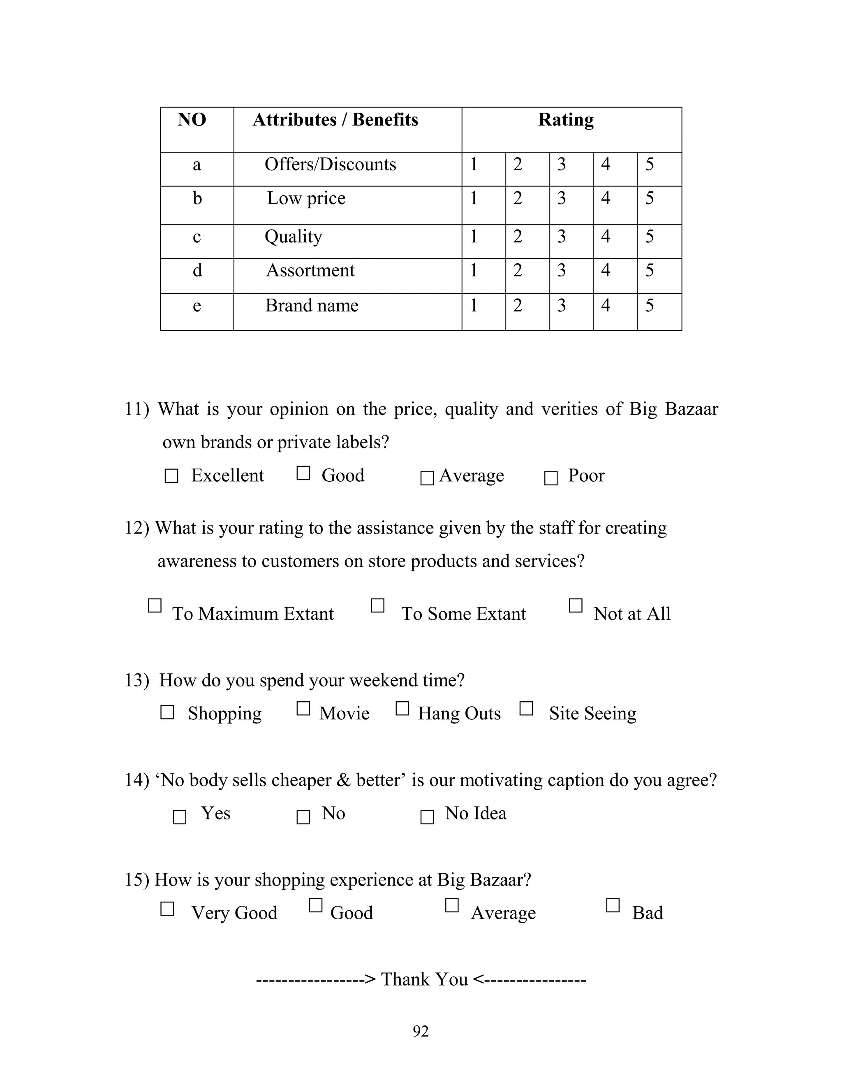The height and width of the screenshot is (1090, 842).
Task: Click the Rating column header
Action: [566, 120]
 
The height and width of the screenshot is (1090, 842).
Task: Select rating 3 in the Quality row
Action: [562, 236]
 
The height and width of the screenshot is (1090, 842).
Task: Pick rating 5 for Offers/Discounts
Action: [650, 164]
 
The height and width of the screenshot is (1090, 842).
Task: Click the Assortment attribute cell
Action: [310, 271]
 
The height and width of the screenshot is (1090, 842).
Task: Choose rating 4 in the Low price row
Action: [606, 198]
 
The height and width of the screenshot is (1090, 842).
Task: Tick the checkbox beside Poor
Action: [551, 478]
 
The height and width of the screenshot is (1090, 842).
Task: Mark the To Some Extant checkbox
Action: [377, 605]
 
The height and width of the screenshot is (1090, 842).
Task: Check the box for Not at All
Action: [576, 605]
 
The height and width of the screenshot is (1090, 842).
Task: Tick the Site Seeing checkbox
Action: [526, 708]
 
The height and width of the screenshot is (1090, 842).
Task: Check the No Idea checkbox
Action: [427, 817]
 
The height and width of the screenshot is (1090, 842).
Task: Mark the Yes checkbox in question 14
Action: [179, 817]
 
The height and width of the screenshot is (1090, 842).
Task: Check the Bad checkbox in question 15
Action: [613, 905]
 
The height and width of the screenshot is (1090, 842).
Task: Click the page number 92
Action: [421, 1031]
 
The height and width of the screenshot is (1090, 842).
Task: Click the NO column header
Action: [192, 120]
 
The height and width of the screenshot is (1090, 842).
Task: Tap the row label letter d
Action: [197, 271]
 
